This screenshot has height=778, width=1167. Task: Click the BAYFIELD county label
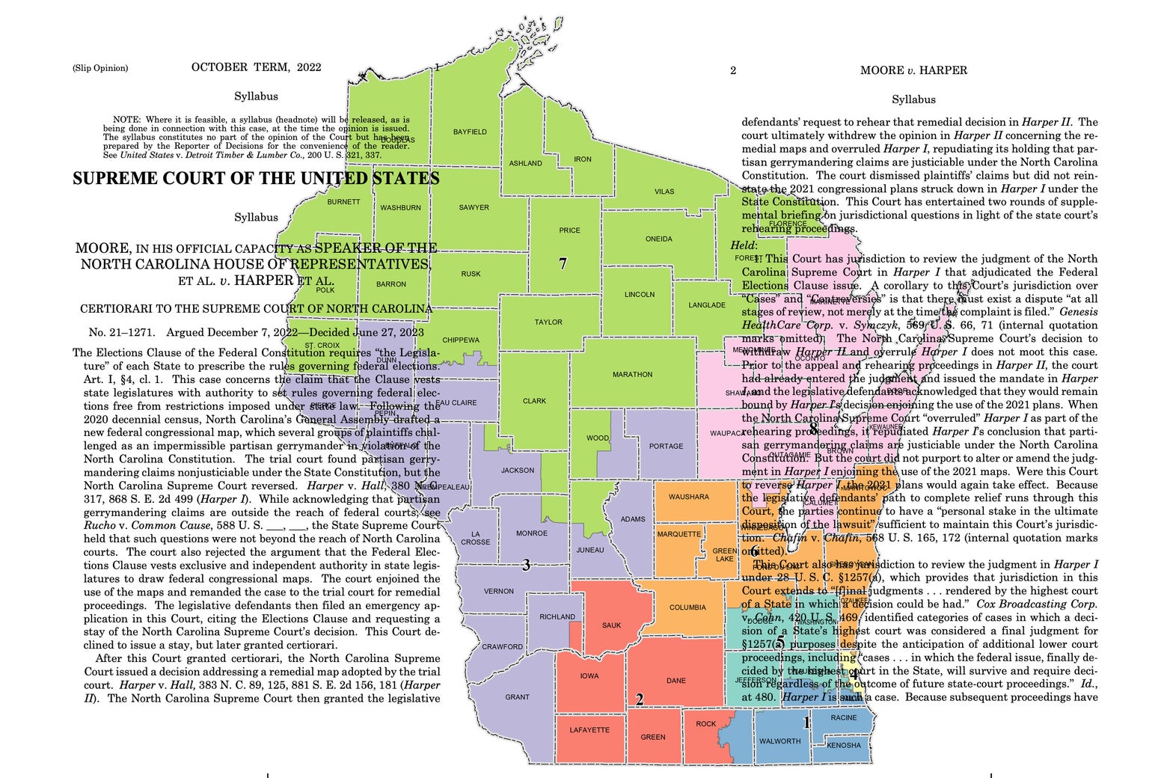point(470,132)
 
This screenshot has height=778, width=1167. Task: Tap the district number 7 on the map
point(563,263)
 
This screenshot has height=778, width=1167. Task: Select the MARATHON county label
point(632,374)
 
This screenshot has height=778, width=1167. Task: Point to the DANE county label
point(676,681)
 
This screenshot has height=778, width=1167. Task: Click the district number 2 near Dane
point(640,700)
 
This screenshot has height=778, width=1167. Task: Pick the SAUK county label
point(611,625)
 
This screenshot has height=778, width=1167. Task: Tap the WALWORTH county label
point(779,741)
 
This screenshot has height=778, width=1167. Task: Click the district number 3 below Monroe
point(526,566)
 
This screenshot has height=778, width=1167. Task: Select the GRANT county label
point(517,697)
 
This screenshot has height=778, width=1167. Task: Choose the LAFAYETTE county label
point(589,730)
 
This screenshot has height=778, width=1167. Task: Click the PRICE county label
point(569,230)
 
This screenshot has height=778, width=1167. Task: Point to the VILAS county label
point(664,192)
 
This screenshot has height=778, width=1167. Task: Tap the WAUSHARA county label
point(688,497)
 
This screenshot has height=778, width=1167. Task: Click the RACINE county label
point(844,717)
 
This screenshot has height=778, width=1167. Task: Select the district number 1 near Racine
point(806,723)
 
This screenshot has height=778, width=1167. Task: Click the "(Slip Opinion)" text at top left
point(100,68)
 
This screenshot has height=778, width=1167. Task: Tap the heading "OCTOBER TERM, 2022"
point(256,67)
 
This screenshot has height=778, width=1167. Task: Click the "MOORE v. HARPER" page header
point(913,70)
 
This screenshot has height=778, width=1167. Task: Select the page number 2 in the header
point(733,71)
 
